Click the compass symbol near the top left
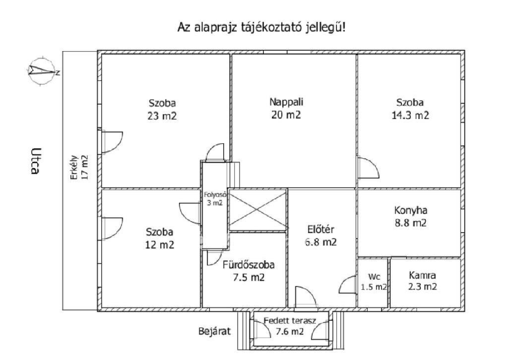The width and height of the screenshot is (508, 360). (x=42, y=72)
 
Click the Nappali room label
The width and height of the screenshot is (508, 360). (x=286, y=102)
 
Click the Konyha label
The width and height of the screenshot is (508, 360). (x=410, y=210)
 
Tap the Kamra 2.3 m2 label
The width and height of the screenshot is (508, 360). (x=423, y=280)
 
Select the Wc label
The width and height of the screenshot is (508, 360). (x=374, y=277)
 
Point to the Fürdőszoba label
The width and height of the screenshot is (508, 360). (x=248, y=265)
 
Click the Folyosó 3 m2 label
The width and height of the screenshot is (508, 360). (x=214, y=198)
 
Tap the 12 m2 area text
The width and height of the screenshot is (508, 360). (x=160, y=244)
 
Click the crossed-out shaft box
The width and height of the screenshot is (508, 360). (x=258, y=210)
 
